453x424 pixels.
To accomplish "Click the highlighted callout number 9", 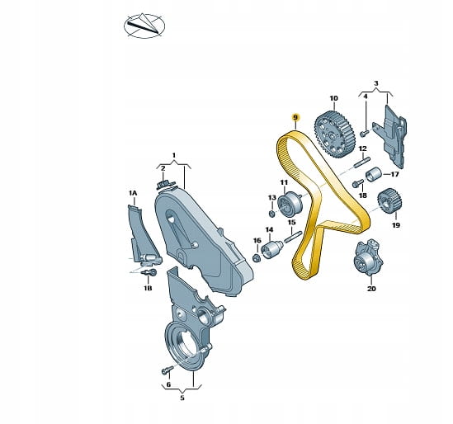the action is click(x=295, y=117).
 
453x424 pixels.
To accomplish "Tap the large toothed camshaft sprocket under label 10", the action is click(x=335, y=135).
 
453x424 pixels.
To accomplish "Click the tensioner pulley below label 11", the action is click(x=290, y=205).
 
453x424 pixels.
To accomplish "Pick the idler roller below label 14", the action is click(x=271, y=248).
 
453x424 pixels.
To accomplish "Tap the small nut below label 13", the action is click(x=271, y=214).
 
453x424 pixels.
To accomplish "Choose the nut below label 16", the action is click(x=257, y=258).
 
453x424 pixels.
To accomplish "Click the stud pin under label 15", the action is click(x=292, y=237).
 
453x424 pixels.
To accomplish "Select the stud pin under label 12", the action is click(x=361, y=162).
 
